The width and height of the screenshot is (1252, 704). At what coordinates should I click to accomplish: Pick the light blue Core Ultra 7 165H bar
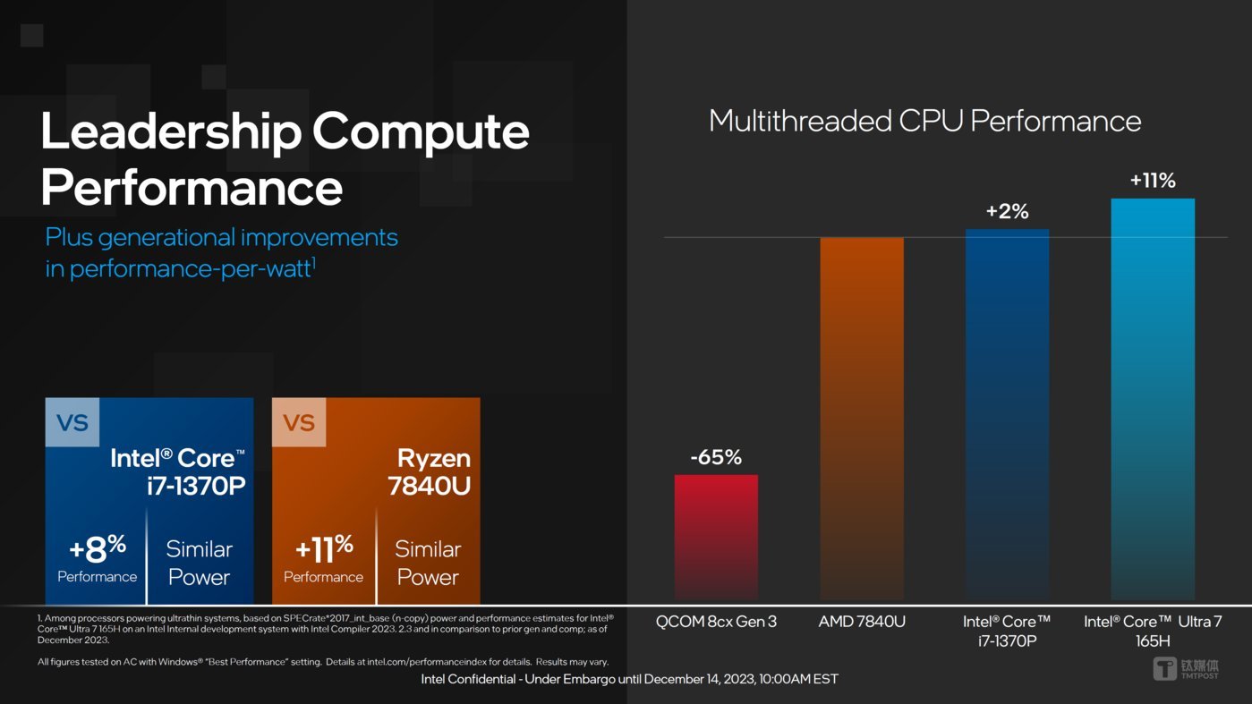click(x=1153, y=398)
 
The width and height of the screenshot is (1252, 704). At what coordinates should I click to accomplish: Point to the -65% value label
click(x=716, y=458)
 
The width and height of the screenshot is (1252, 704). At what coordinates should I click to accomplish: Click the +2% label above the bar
click(x=1007, y=212)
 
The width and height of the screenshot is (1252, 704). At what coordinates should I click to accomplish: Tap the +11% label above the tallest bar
click(x=1153, y=181)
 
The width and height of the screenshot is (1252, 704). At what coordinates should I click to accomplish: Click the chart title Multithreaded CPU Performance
click(x=924, y=121)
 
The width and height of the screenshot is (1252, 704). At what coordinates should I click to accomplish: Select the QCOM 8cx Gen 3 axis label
click(x=716, y=622)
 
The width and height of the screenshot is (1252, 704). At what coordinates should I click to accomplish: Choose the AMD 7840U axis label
click(x=862, y=622)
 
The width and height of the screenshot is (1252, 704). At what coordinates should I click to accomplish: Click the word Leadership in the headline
click(x=170, y=131)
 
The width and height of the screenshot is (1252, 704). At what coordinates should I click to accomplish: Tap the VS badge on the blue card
click(x=72, y=422)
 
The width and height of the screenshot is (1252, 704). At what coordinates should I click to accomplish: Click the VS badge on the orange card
click(x=299, y=422)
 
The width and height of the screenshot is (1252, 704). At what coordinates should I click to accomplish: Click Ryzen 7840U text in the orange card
click(x=430, y=471)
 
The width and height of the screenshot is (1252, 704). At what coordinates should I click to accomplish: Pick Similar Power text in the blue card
click(x=199, y=563)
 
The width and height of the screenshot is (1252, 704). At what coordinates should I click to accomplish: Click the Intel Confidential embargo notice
click(x=629, y=679)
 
